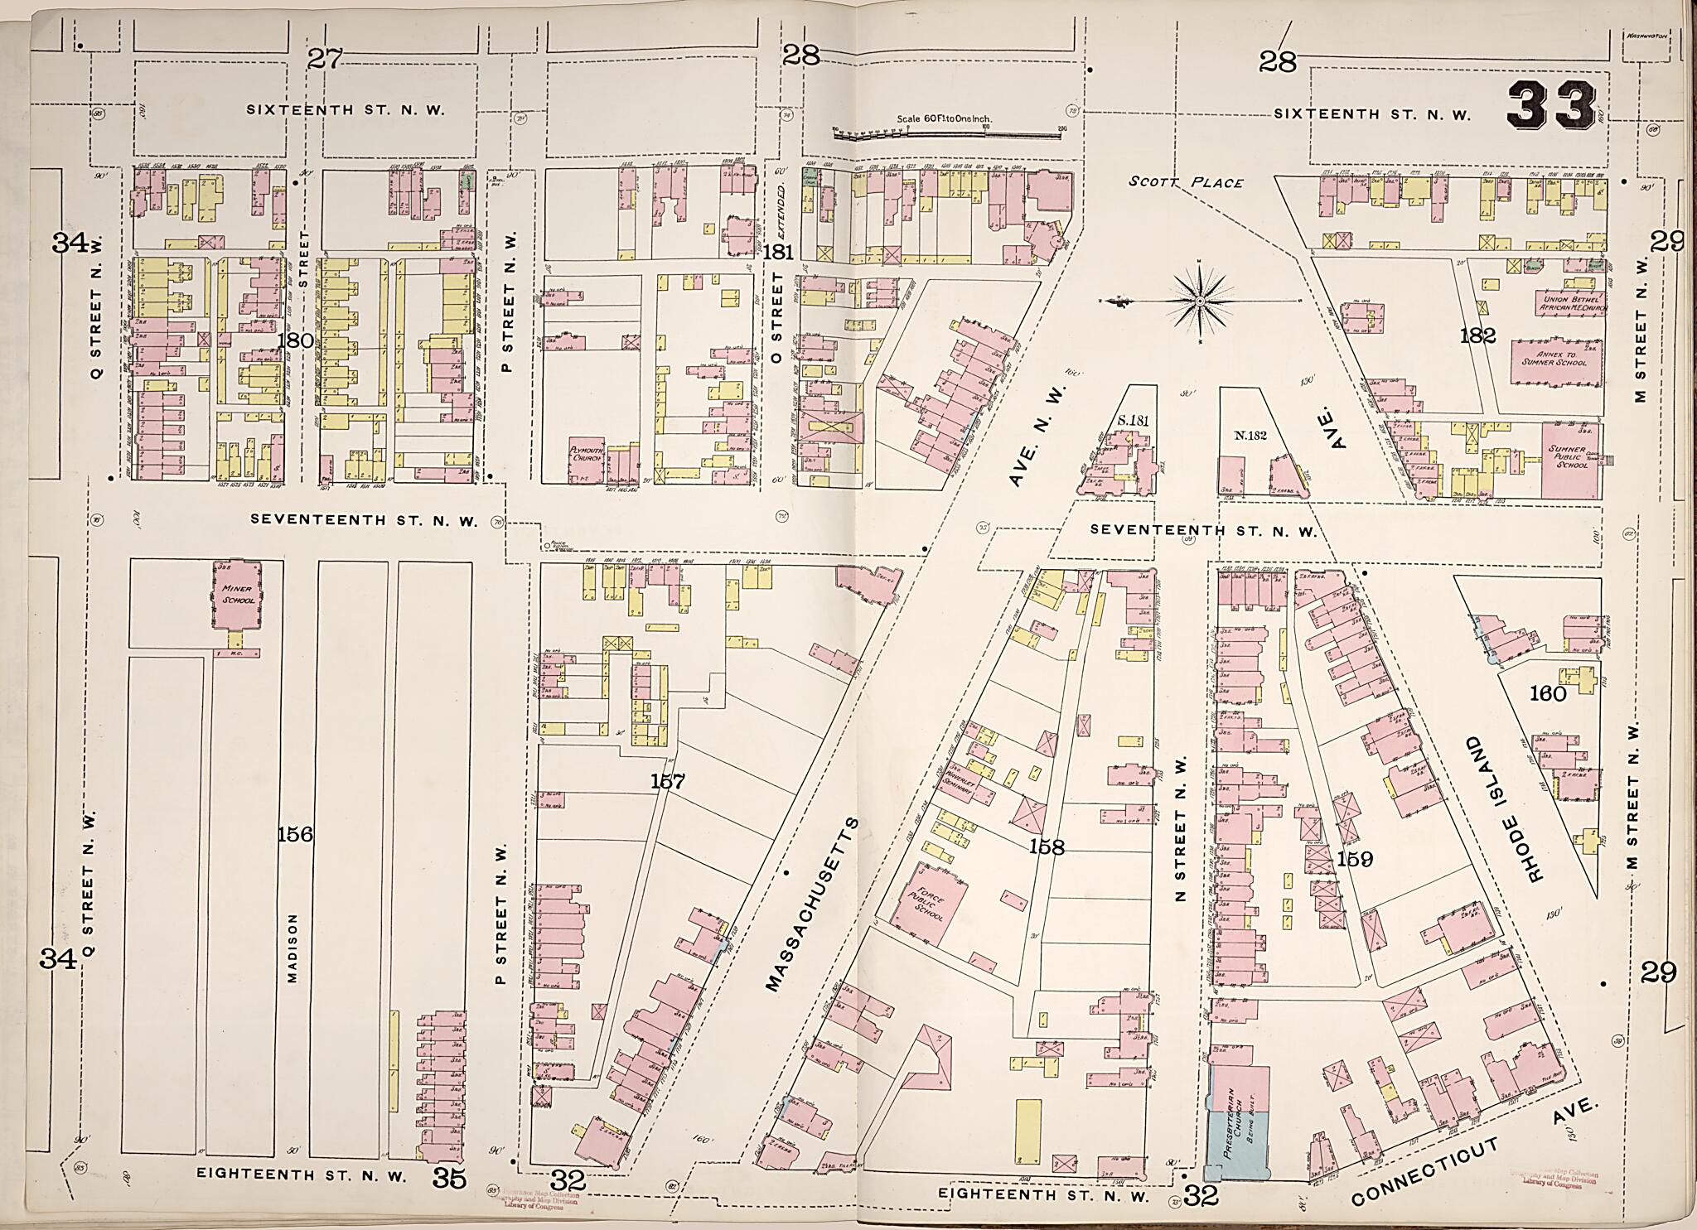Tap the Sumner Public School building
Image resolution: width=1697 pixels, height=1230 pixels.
pyautogui.click(x=1571, y=460)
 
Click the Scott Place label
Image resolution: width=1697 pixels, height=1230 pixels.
pyautogui.click(x=1186, y=181)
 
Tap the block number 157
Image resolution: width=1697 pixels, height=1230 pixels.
pyautogui.click(x=667, y=781)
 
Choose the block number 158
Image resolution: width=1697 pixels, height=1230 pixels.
pyautogui.click(x=1046, y=847)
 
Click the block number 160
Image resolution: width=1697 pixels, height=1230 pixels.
pyautogui.click(x=1547, y=693)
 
